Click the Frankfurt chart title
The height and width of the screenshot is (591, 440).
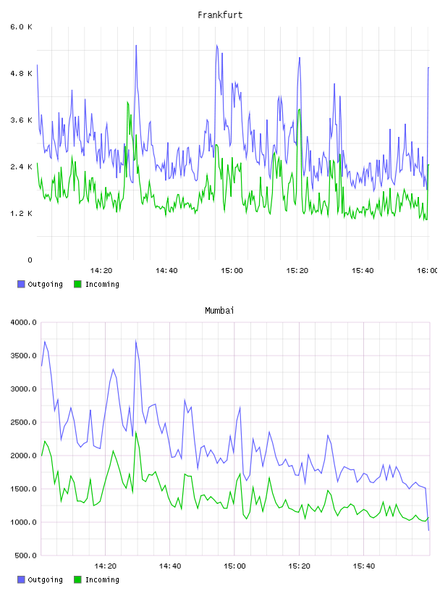point(220,15)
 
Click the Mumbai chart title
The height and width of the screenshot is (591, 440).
point(219,311)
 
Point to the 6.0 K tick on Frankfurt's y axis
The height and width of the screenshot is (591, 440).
point(21,27)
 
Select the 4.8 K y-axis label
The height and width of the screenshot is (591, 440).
point(21,73)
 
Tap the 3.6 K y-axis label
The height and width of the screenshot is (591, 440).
point(21,120)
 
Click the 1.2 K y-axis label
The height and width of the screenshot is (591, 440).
point(21,214)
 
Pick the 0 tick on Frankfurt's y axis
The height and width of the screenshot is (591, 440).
point(30,260)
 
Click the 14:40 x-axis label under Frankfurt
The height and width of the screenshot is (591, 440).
point(166,271)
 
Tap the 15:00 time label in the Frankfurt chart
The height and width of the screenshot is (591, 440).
point(232,271)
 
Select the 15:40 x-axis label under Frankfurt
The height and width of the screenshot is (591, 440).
point(363,271)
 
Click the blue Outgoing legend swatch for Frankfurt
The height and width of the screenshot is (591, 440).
point(21,284)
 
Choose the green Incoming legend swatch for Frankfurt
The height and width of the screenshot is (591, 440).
point(77,284)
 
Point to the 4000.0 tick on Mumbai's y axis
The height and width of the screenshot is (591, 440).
point(23,322)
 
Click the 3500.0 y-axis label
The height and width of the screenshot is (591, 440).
point(23,356)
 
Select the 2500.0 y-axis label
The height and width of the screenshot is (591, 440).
point(23,422)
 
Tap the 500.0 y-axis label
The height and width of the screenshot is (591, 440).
point(25,556)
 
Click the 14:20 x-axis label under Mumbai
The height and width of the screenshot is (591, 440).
point(105,566)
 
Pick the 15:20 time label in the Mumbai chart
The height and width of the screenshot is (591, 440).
point(299,566)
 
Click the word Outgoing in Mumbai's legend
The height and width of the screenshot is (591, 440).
point(45,579)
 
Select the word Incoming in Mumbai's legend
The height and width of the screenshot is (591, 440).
point(102,579)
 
